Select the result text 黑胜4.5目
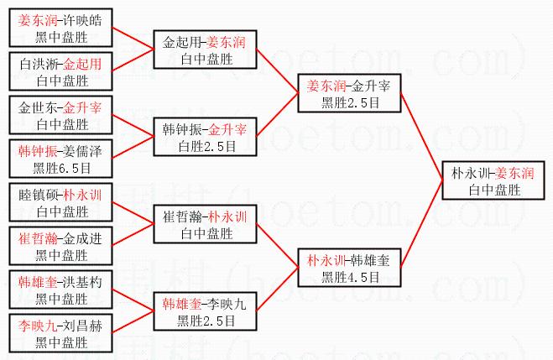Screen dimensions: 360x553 click(351, 274)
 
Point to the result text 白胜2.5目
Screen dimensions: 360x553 click(206, 144)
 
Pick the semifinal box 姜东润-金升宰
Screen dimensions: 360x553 click(351, 93)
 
